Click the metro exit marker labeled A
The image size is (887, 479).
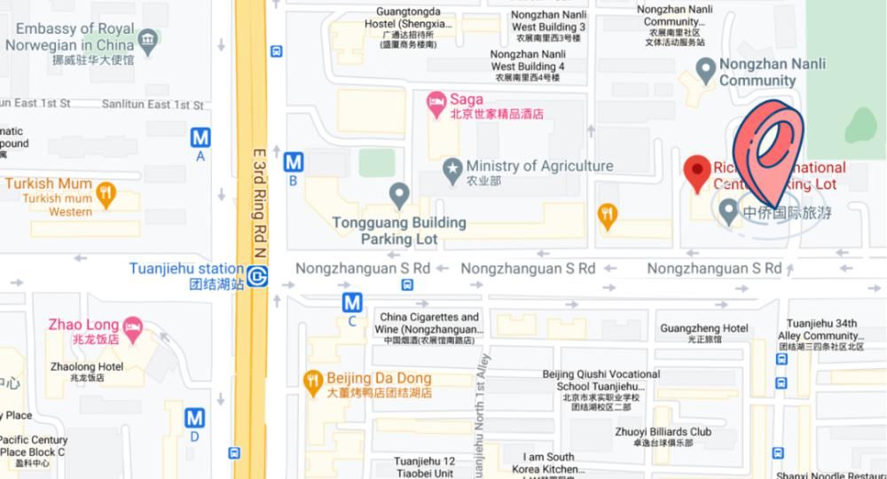200,137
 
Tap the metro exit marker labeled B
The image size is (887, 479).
293,162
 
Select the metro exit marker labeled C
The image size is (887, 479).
352,303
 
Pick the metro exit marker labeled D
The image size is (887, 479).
194,418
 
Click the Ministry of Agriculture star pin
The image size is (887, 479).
453,167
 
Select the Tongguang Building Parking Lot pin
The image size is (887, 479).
399,192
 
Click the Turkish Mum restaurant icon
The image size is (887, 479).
106,193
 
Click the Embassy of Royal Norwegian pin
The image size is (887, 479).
148,38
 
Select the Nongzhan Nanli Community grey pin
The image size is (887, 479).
705,67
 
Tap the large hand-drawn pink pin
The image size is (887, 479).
769,151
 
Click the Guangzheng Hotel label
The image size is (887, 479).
704,328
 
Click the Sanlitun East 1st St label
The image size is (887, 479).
152,105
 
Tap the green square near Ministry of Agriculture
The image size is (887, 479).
376,161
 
